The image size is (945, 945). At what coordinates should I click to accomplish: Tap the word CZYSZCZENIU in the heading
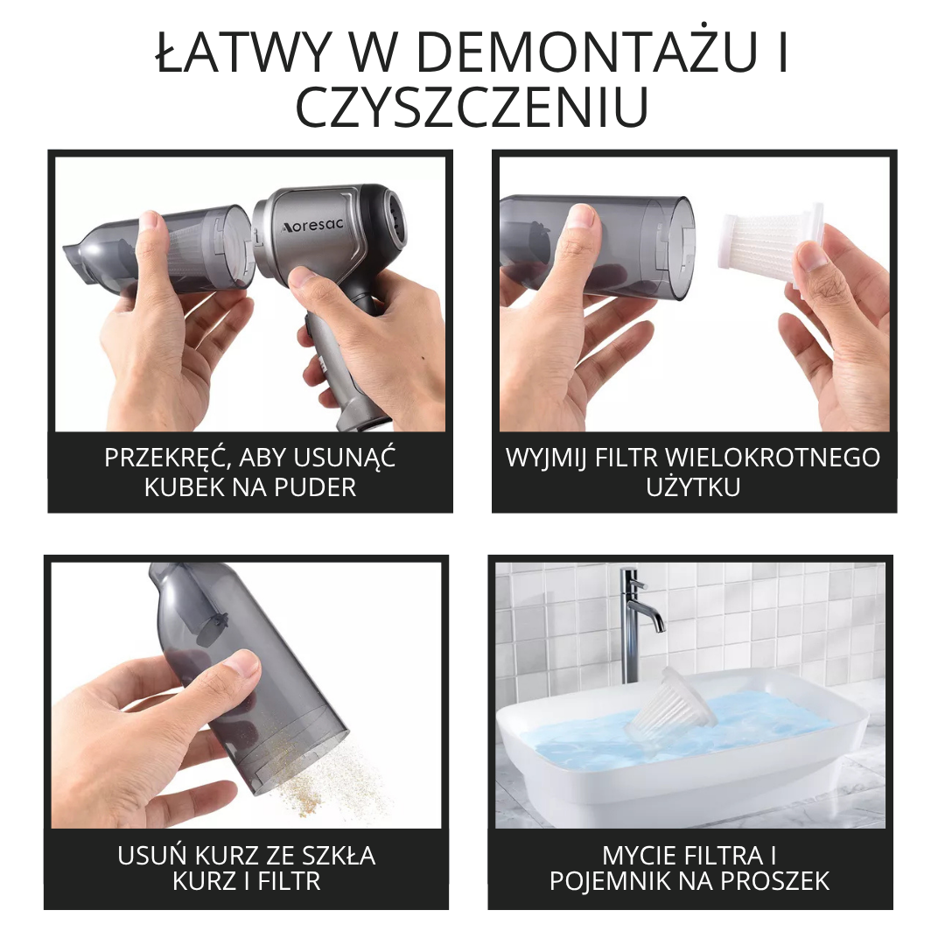(472, 108)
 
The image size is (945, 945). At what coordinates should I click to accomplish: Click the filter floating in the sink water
(674, 704)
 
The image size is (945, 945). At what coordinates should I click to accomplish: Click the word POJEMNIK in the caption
(612, 881)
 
